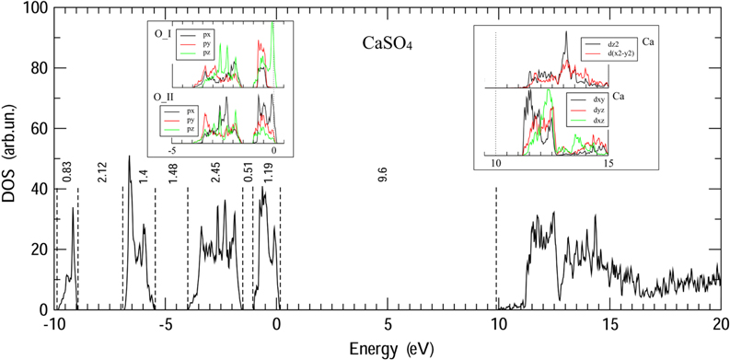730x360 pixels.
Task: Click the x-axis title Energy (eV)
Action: (x=387, y=349)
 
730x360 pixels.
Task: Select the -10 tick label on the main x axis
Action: (x=53, y=325)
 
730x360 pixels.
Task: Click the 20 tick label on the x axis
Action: (x=719, y=325)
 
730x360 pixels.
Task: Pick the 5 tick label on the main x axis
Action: (x=387, y=325)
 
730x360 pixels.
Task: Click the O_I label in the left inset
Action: (x=164, y=34)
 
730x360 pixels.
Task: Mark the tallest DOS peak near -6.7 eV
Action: (x=129, y=157)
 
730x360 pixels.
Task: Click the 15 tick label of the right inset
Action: (x=608, y=164)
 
